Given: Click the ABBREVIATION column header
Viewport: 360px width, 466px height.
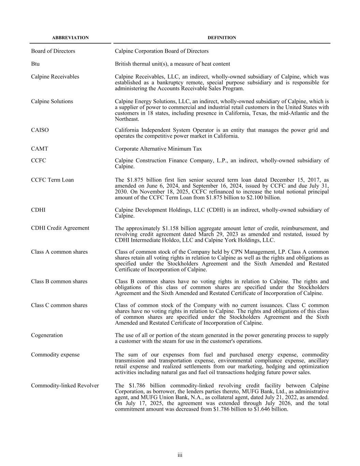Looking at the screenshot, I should pyautogui.click(x=70, y=38).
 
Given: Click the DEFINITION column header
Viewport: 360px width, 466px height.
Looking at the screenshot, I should pyautogui.click(x=222, y=38).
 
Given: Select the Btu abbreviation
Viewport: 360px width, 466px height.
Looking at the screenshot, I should pyautogui.click(x=35, y=64).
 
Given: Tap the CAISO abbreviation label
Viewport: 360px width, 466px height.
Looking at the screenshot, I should pyautogui.click(x=40, y=130).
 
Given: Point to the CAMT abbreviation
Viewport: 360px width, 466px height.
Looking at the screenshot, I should pyautogui.click(x=40, y=149).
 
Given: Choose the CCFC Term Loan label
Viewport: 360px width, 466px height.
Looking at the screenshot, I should pyautogui.click(x=52, y=180).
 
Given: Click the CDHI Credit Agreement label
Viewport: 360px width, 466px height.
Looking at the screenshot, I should pyautogui.click(x=60, y=228).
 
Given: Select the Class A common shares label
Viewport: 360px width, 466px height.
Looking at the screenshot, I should pyautogui.click(x=59, y=252).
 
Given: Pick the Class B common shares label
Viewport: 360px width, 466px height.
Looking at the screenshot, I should pyautogui.click(x=59, y=281).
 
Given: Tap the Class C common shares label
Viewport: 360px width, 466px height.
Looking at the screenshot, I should pyautogui.click(x=59, y=305).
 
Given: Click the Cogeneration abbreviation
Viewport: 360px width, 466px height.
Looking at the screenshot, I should pyautogui.click(x=47, y=335).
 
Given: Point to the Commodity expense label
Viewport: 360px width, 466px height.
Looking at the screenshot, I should pyautogui.click(x=55, y=355).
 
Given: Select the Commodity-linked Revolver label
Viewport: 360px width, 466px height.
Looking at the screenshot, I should pyautogui.click(x=65, y=386).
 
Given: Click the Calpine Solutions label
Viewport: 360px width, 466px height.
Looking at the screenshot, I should pyautogui.click(x=52, y=101).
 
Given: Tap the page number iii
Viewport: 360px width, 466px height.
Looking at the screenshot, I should pyautogui.click(x=180, y=455).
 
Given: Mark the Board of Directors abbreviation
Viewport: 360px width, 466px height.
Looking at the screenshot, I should pyautogui.click(x=53, y=51).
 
